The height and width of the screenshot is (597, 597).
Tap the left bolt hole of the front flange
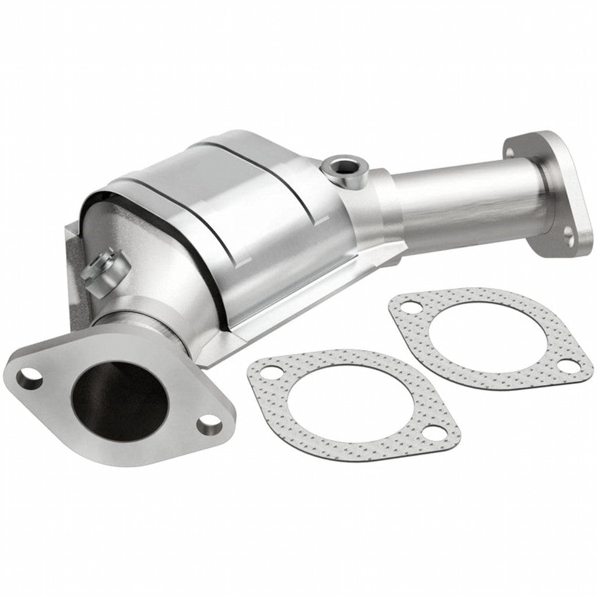(29, 379)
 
